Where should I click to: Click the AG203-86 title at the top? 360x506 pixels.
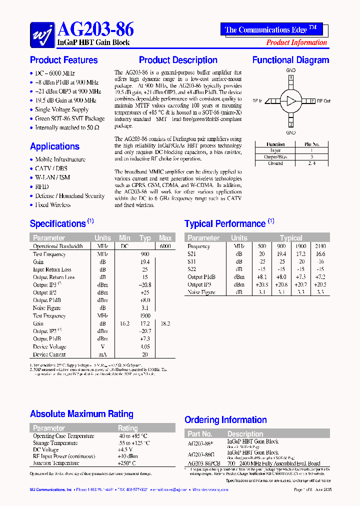[x=96, y=29]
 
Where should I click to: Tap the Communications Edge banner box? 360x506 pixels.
[x=271, y=29]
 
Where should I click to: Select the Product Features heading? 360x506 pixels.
[x=64, y=60]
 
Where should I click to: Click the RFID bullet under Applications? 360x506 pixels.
[x=42, y=186]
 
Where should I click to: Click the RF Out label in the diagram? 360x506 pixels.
[x=323, y=101]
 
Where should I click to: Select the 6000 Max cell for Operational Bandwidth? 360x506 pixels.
[x=165, y=246]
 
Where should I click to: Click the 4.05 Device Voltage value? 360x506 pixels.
[x=145, y=347]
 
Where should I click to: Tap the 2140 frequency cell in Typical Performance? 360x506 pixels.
[x=320, y=246]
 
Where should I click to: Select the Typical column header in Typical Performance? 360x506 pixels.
[x=291, y=238]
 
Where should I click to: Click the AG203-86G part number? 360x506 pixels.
[x=201, y=454]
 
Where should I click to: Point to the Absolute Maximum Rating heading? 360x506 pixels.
[x=81, y=414]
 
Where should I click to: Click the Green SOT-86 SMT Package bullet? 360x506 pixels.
[x=69, y=118]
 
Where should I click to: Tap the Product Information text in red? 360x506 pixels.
[x=296, y=42]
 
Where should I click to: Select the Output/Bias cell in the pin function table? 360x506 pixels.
[x=275, y=156]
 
